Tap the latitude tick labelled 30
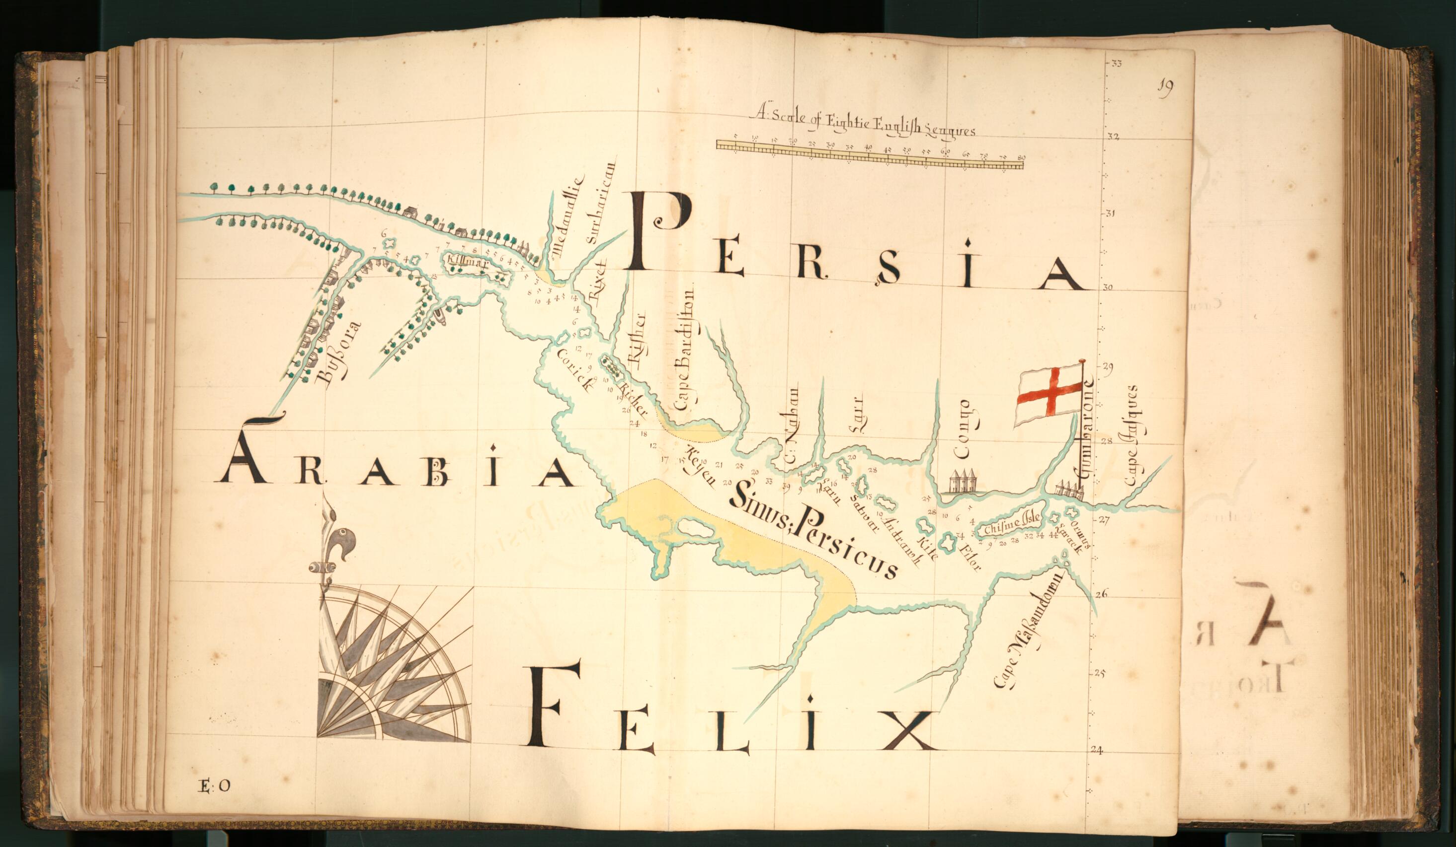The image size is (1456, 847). (1109, 287)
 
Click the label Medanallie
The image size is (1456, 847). (566, 219)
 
